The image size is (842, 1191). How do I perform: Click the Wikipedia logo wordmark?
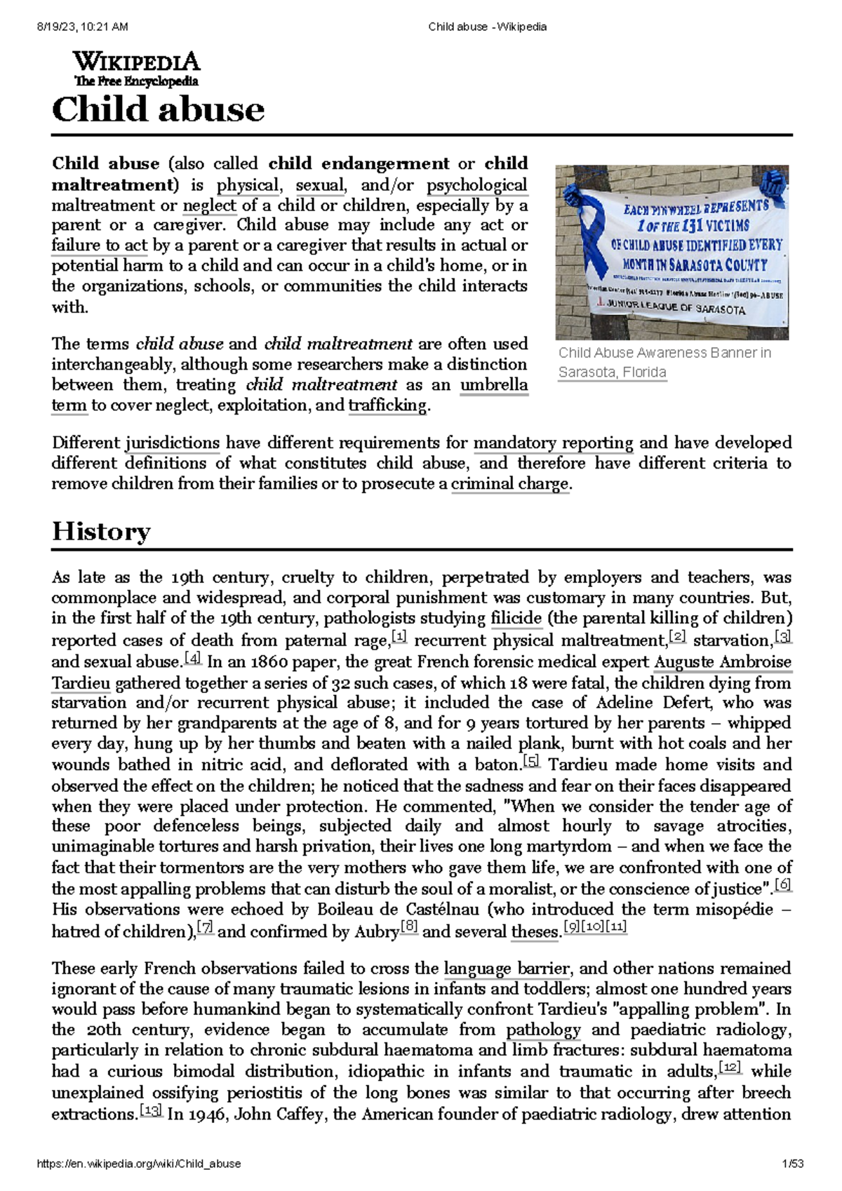coord(136,62)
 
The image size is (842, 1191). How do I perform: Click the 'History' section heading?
coord(101,532)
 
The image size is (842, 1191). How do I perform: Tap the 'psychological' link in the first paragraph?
coord(477,185)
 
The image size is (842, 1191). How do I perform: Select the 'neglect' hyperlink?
coord(209,206)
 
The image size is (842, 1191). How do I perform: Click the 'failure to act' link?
coord(99,245)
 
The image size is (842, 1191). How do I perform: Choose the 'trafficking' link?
coord(387,405)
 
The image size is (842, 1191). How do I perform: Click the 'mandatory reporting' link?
coord(553,443)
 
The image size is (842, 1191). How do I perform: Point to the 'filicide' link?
coord(516,619)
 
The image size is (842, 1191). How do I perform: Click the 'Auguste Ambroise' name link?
coord(722,662)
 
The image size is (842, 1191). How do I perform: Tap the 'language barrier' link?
coord(507,969)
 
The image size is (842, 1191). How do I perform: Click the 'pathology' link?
coord(543,1030)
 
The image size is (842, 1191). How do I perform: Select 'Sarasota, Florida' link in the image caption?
coord(612,372)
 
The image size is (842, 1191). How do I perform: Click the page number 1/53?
coord(793,1163)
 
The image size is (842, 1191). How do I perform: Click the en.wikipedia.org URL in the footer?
coord(138,1163)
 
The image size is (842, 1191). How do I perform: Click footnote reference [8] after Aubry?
coord(408,928)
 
